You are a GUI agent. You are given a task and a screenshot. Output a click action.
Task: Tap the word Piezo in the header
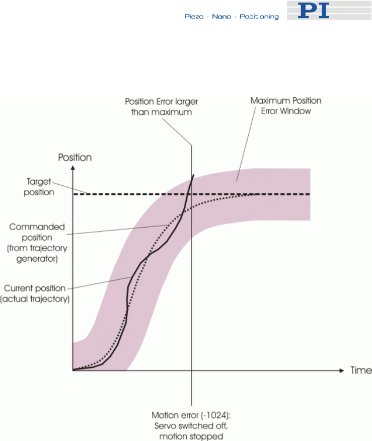coord(194,17)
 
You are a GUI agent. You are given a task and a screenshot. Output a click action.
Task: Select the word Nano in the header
coord(221,17)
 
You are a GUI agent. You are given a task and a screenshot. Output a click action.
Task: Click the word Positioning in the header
coord(259,17)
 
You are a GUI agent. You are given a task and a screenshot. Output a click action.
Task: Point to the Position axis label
coord(75,158)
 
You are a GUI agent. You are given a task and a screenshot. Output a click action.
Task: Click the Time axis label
coord(361,371)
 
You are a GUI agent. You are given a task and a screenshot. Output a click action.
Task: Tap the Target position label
coord(32,188)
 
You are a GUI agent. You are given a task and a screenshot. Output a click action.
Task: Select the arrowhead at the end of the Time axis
coord(343,370)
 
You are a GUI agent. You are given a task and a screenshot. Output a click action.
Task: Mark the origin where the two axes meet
coord(73,370)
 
